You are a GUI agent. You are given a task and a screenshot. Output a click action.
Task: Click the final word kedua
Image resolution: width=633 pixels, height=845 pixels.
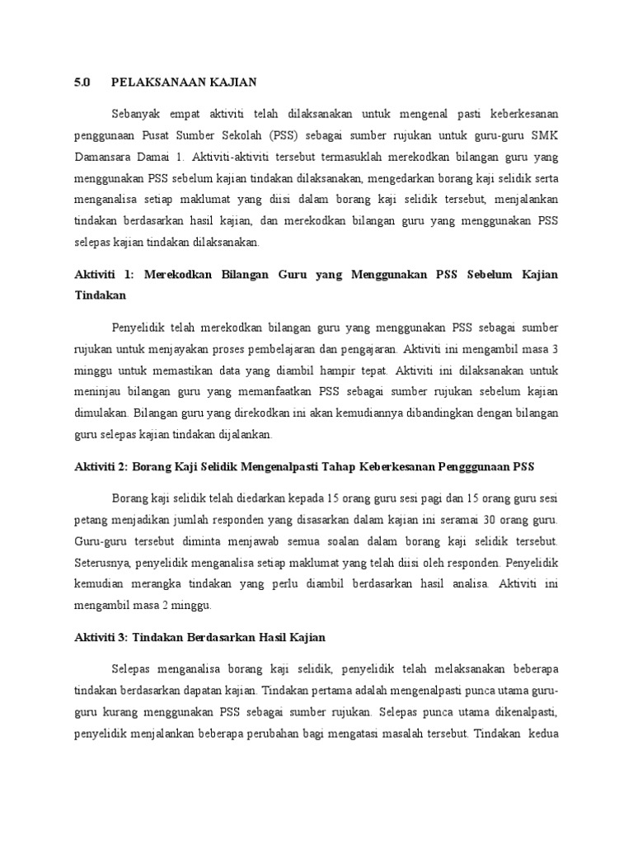pos(541,731)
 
